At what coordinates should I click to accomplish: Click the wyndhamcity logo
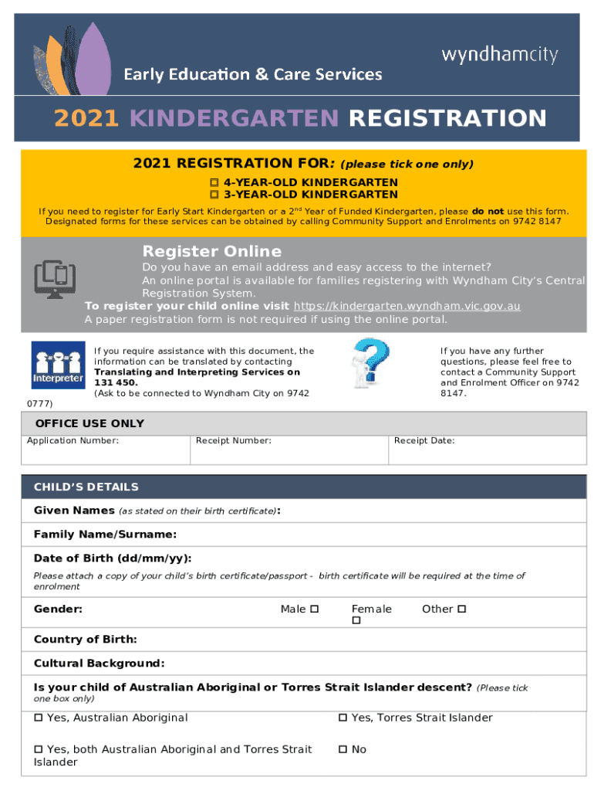(x=499, y=55)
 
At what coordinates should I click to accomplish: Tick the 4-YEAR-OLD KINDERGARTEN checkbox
(x=214, y=182)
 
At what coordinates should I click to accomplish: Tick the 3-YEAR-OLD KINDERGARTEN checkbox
(x=214, y=195)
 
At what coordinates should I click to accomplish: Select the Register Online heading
(x=211, y=251)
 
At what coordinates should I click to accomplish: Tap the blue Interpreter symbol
(x=57, y=365)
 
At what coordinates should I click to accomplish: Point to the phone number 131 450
(x=116, y=382)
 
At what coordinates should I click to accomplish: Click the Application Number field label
(x=73, y=440)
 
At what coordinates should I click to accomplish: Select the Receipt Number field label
(x=233, y=440)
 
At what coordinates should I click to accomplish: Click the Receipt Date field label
(x=424, y=440)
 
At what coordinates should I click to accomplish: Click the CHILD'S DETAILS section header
(x=86, y=487)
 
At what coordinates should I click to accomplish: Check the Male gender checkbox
(x=314, y=609)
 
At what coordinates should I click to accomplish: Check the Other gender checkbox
(x=462, y=609)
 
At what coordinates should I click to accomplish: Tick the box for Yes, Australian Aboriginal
(x=39, y=718)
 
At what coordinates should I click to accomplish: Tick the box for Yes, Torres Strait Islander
(x=343, y=718)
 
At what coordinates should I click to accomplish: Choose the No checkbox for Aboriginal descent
(x=343, y=749)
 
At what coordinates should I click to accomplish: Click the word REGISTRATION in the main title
(x=447, y=118)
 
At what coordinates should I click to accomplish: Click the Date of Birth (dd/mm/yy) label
(x=113, y=558)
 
